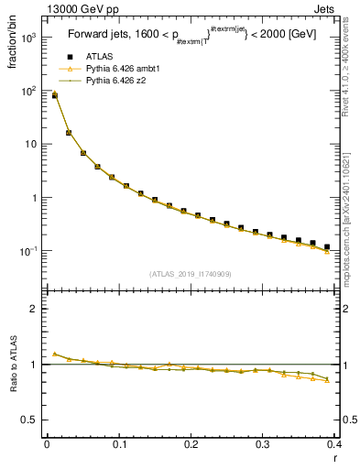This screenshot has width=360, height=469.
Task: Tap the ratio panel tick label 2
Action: [x=34, y=309]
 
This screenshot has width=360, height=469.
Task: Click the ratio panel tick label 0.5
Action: [x=30, y=420]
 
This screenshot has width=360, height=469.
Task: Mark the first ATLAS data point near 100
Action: [x=54, y=95]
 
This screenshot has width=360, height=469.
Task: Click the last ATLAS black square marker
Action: [x=327, y=246]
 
